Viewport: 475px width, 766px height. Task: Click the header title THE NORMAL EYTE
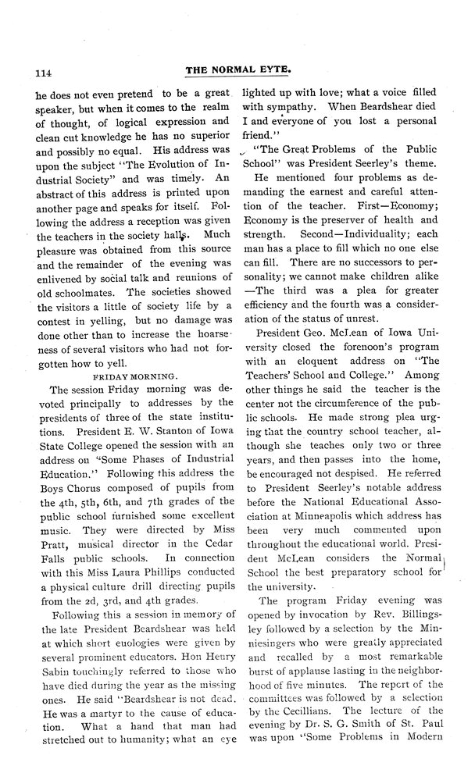(x=237, y=69)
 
